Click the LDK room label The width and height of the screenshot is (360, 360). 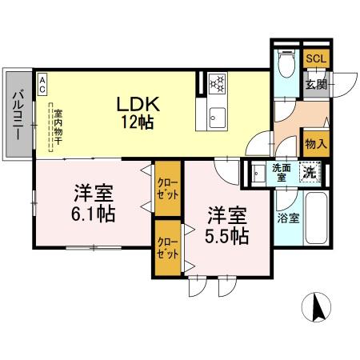coord(139,105)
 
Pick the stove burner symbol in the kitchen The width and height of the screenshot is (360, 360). coord(218,83)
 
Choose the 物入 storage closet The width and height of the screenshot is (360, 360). coord(315,144)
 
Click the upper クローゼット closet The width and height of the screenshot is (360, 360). coord(167,189)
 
